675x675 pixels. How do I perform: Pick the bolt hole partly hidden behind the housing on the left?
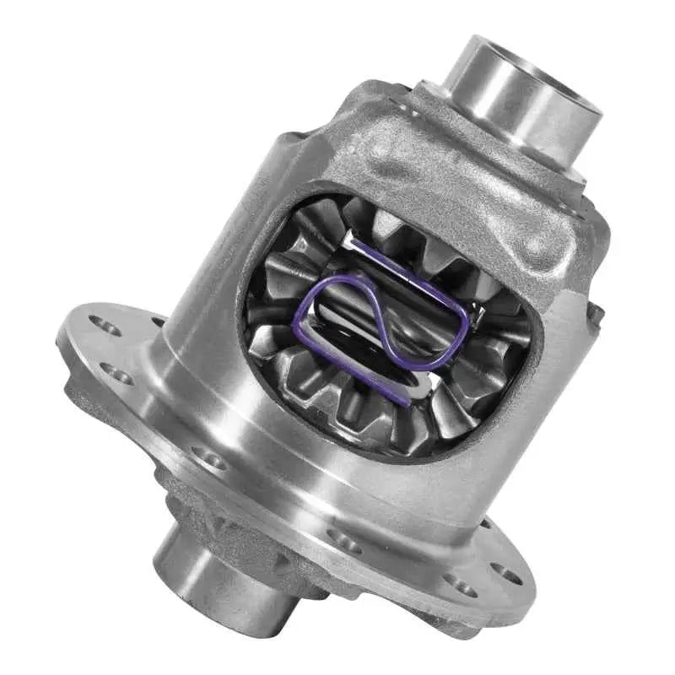coord(158,321)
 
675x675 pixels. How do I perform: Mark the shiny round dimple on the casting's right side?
coord(537,246)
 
